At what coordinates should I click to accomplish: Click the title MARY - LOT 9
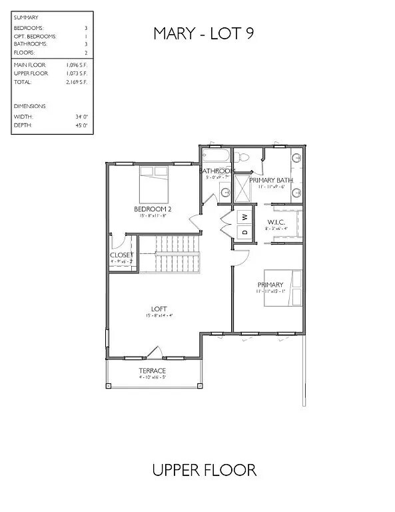click(203, 33)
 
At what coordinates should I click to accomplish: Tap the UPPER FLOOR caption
click(204, 470)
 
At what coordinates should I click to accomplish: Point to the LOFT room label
click(159, 309)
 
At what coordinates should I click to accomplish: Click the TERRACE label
click(153, 371)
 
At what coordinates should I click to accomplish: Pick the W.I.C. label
click(276, 221)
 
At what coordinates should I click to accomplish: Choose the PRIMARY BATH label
click(271, 180)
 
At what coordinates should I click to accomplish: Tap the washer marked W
click(244, 217)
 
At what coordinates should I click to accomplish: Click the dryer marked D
click(244, 232)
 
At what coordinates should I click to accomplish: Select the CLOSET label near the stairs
click(121, 255)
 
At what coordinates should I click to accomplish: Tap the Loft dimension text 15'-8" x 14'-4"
click(159, 316)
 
